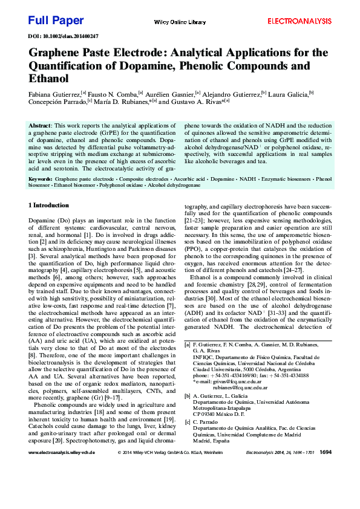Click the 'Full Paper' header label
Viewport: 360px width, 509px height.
click(x=56, y=21)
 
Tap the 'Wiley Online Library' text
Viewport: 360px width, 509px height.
click(x=180, y=22)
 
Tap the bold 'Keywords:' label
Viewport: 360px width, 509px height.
click(x=41, y=180)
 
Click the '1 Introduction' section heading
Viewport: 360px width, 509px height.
click(x=49, y=206)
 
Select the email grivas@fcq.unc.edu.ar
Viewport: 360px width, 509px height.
click(x=235, y=382)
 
